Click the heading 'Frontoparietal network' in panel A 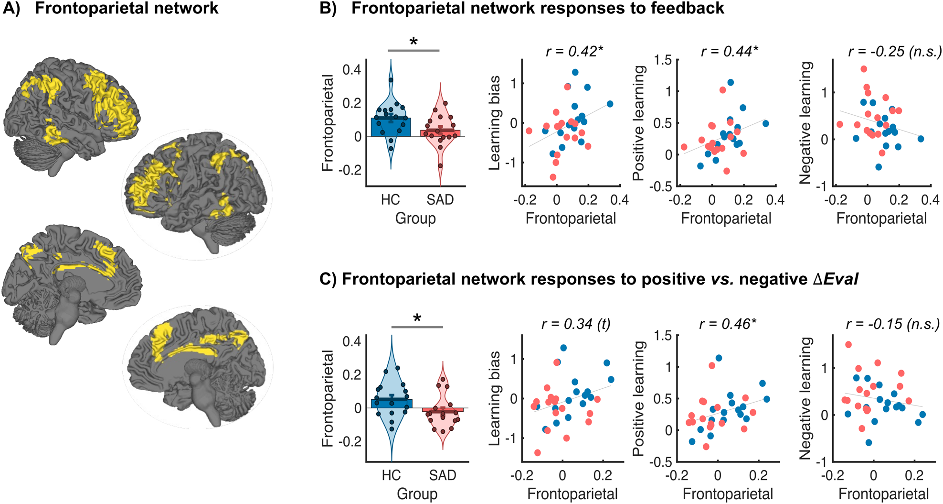point(127,8)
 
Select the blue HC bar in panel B point(391,127)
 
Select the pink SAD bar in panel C point(443,410)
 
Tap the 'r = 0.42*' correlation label point(574,51)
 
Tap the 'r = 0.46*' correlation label point(728,324)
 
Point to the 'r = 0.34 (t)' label point(576,324)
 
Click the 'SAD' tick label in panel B point(440,199)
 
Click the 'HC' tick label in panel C point(391,475)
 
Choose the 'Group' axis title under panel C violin point(417,494)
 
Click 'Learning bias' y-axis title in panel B point(495,123)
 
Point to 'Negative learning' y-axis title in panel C point(806,398)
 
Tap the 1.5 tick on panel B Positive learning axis point(663,60)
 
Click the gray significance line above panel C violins point(417,327)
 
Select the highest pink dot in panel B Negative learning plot point(864,69)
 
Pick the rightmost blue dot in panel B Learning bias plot point(610,104)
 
